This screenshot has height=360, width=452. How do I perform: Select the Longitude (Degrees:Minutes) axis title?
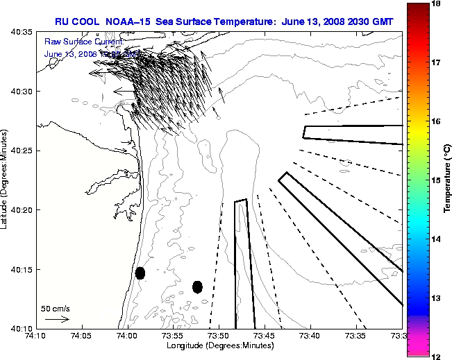[x=219, y=345]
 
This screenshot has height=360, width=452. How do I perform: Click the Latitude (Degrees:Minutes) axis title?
[x=5, y=180]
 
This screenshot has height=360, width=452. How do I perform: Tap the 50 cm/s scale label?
[x=55, y=308]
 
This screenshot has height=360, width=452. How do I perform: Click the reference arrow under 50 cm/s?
[x=57, y=319]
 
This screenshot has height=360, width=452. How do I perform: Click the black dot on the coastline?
[x=140, y=273]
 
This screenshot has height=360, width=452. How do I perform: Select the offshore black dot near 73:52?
[x=197, y=286]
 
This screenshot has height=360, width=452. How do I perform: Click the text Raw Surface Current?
[x=83, y=42]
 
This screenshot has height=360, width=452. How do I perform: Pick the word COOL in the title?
[x=92, y=22]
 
